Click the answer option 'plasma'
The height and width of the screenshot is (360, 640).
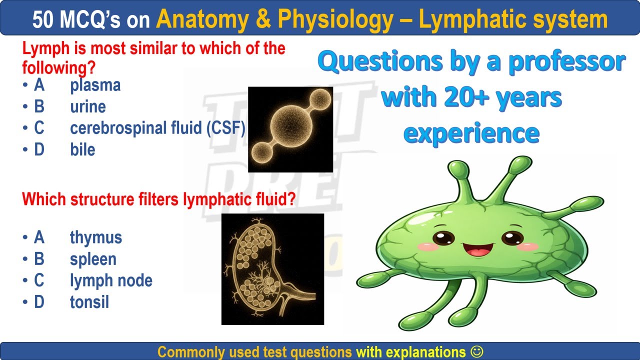[95, 85]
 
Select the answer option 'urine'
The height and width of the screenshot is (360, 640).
[88, 107]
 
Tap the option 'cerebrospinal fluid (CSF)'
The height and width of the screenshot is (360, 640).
[157, 128]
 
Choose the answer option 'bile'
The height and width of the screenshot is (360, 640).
[82, 150]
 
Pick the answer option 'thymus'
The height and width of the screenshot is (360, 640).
[96, 237]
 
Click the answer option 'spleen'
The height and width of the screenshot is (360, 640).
[93, 259]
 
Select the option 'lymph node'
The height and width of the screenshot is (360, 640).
[111, 280]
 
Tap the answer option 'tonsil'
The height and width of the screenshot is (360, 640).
[89, 302]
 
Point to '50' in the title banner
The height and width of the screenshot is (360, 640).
[43, 20]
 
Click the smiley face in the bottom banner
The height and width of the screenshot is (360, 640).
[477, 351]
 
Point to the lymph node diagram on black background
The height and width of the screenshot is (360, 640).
[272, 269]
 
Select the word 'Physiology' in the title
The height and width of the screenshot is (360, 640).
[335, 19]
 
